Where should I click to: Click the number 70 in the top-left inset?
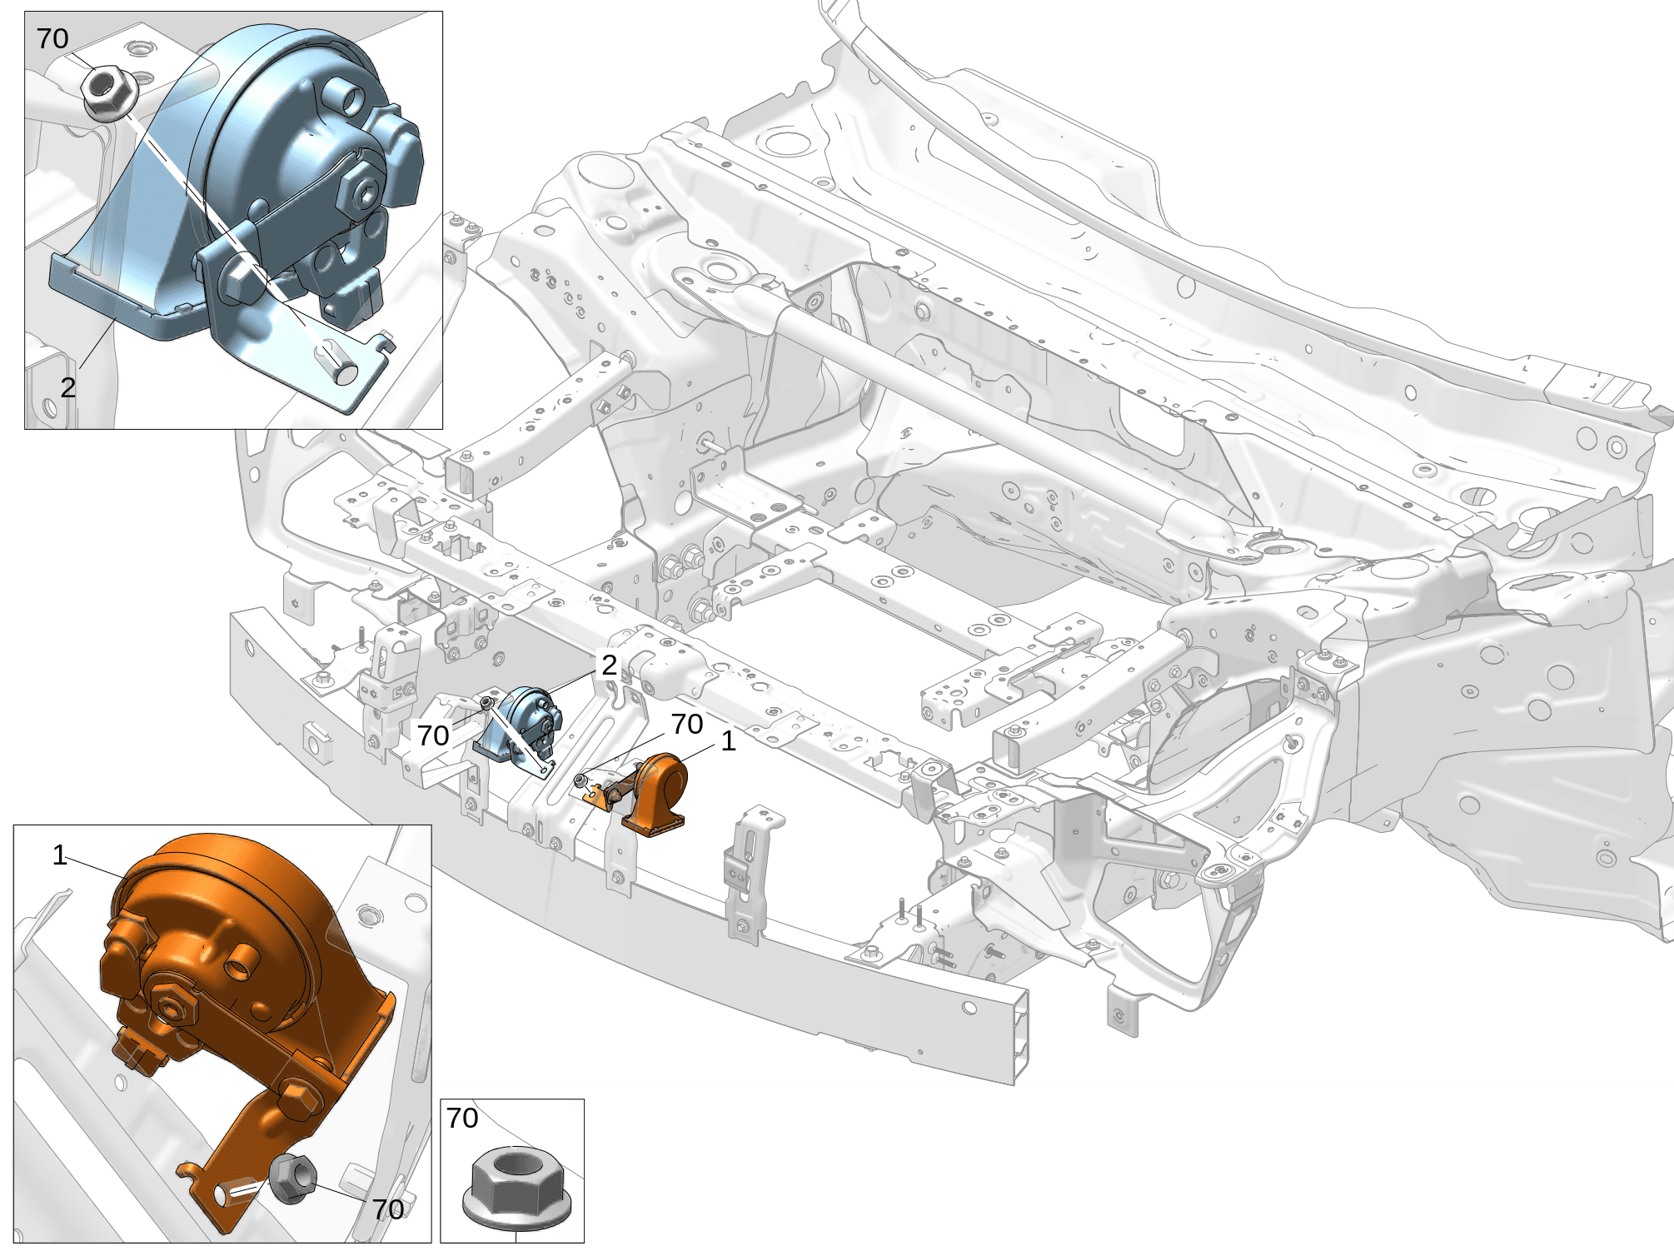52,39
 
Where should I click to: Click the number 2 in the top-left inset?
68,387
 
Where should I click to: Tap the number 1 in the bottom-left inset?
59,855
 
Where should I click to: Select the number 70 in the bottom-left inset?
388,1209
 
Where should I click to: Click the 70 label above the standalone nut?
462,1118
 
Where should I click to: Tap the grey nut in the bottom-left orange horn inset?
292,1178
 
